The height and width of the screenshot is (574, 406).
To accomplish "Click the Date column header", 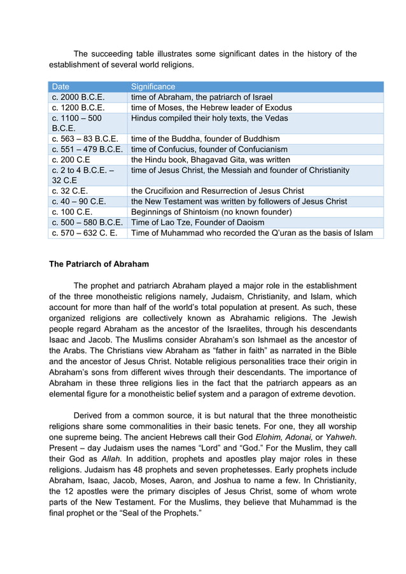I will coord(61,87).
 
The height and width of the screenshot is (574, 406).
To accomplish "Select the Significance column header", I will coord(153,87).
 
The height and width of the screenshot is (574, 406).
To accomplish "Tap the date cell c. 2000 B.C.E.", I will coord(78,97).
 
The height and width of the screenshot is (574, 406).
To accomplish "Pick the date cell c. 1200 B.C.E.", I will coord(78,108).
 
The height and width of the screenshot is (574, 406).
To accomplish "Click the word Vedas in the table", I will coord(275,118).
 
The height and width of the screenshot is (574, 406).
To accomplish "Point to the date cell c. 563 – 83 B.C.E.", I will coord(85,139).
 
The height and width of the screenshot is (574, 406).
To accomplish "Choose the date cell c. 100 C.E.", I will coord(72,212).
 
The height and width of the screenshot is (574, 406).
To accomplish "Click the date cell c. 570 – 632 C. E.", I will coord(85,233).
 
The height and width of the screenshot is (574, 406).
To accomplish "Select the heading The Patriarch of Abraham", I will coord(99,264).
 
